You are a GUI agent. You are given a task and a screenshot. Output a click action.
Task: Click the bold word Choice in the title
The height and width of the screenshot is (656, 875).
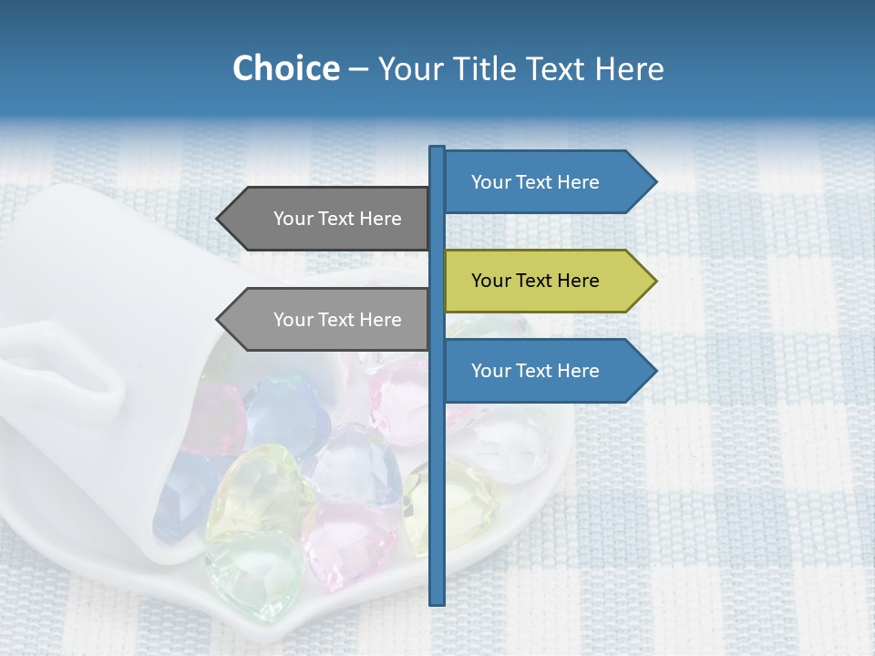(285, 68)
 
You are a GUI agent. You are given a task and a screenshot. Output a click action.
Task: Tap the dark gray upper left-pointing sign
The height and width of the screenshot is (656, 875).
(328, 219)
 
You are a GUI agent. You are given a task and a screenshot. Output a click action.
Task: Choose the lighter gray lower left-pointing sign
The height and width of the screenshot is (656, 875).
(328, 320)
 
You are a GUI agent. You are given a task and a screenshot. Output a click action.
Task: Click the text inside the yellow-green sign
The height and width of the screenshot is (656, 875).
(535, 281)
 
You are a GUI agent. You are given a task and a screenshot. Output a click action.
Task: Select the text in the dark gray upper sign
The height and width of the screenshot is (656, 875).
(337, 219)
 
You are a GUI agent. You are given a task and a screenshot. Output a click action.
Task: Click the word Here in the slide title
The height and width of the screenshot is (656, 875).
(630, 68)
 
